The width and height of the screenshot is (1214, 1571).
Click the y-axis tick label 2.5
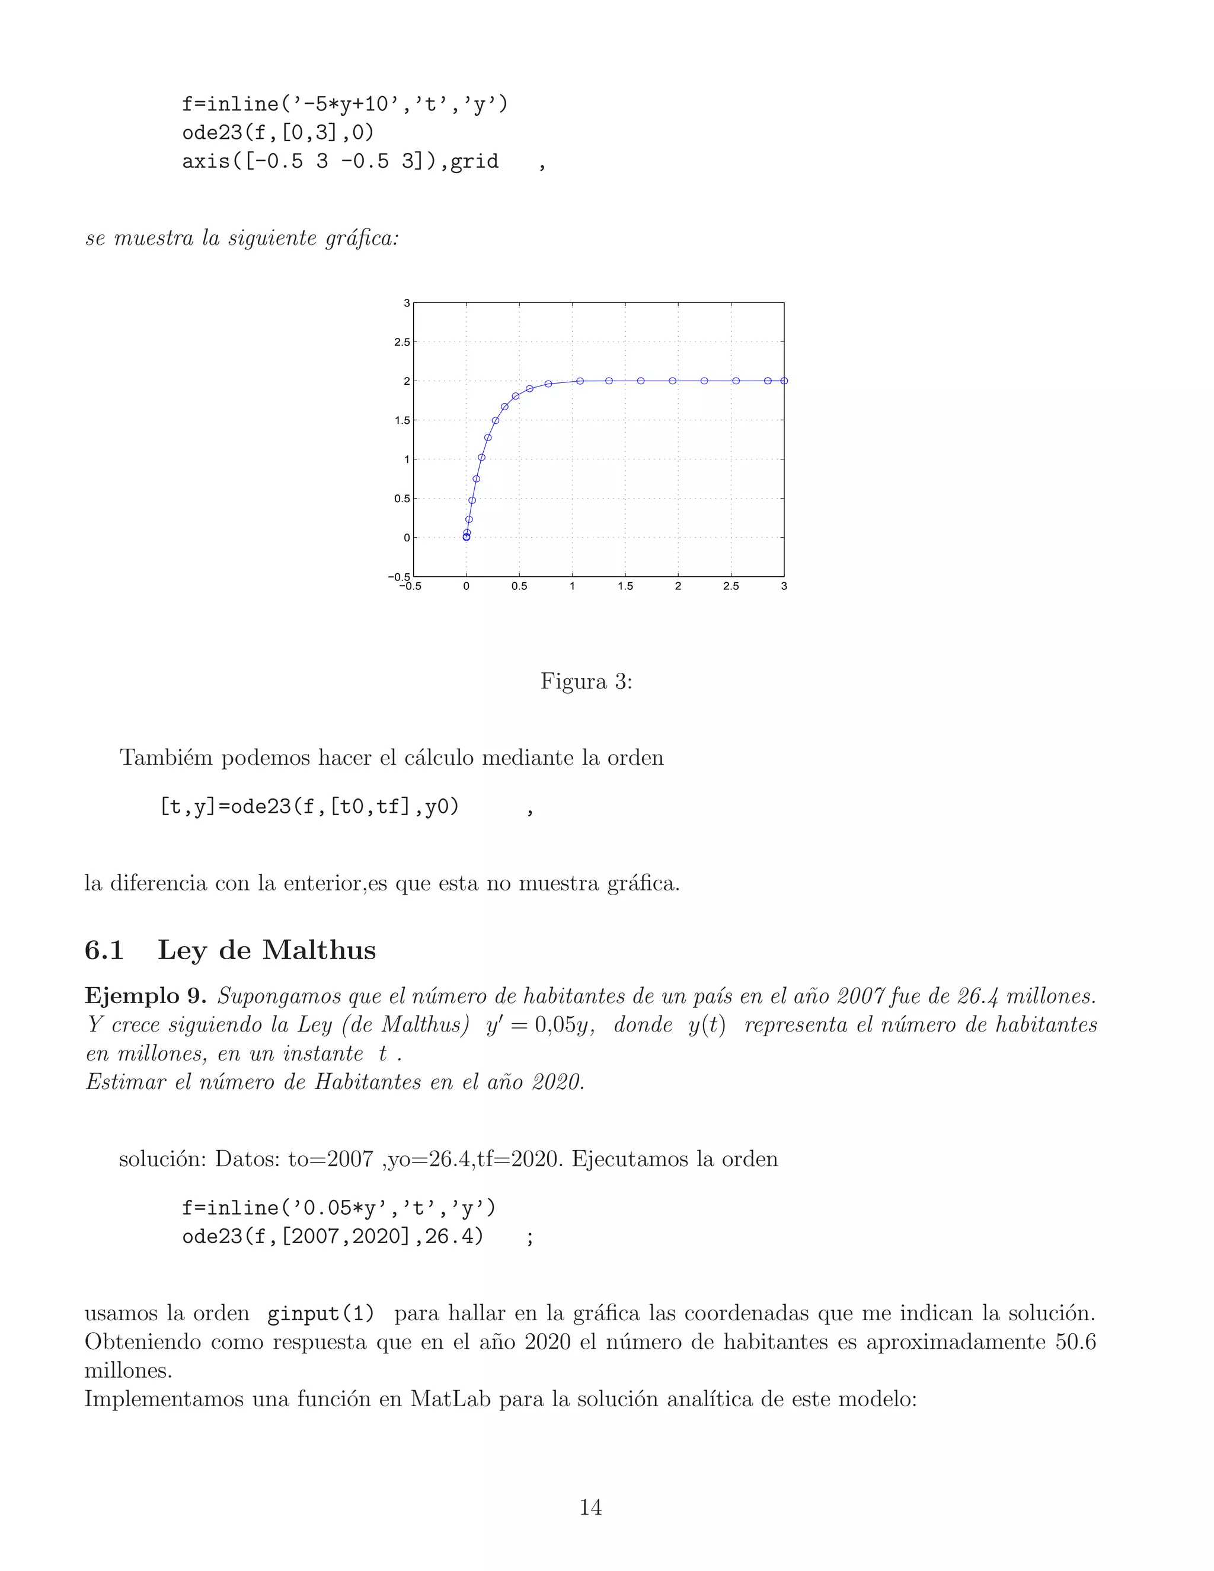[402, 343]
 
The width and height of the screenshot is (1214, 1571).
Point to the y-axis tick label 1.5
[402, 421]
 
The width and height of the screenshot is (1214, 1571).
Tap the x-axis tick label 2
[678, 586]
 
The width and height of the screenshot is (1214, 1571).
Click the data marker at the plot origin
[466, 537]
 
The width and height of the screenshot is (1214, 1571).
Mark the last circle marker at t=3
[784, 381]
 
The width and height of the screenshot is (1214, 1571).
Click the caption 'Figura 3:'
[586, 681]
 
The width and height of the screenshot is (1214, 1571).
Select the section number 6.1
[104, 950]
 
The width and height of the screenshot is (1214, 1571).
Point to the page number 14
[590, 1507]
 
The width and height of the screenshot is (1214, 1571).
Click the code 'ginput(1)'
[321, 1314]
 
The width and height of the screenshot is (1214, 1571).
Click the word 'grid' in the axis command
[474, 161]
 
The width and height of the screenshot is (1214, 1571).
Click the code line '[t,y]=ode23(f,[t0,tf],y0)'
[309, 807]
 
